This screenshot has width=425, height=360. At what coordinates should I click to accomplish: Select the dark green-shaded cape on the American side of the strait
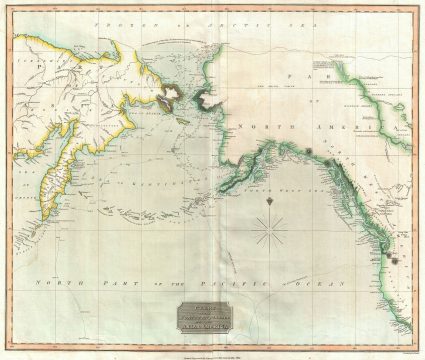[x=206, y=96]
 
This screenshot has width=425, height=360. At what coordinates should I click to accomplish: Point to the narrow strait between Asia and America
[x=187, y=96]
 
